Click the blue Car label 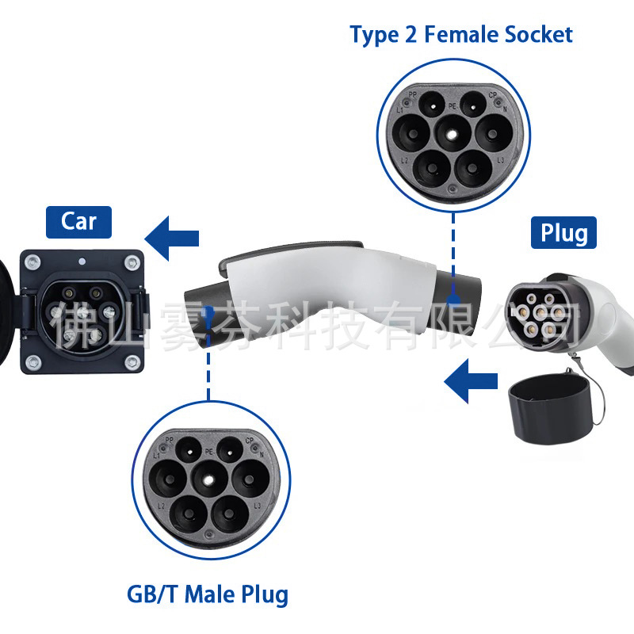tap(78, 221)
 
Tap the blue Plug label tap(564, 233)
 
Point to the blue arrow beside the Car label tap(172, 239)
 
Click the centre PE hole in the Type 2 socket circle tap(450, 133)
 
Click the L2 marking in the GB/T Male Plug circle tap(162, 505)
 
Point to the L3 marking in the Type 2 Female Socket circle tap(500, 161)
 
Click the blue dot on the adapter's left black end tap(208, 311)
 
